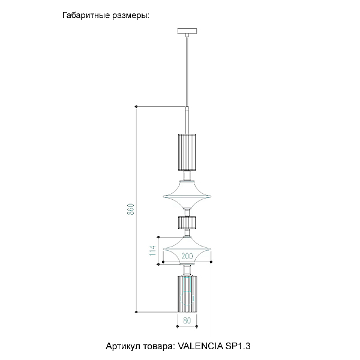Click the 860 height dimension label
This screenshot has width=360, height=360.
pyautogui.click(x=130, y=209)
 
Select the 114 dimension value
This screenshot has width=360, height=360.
pyautogui.click(x=152, y=250)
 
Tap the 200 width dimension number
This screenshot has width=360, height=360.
pyautogui.click(x=187, y=256)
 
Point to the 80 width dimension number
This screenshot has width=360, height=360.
pyautogui.click(x=187, y=320)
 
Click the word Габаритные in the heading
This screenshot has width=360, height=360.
pyautogui.click(x=86, y=16)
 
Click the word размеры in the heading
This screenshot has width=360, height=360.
pyautogui.click(x=131, y=16)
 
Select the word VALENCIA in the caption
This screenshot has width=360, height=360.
pyautogui.click(x=200, y=346)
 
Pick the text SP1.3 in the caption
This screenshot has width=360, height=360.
pyautogui.click(x=238, y=346)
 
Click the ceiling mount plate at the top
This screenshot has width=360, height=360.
pyautogui.click(x=187, y=31)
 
